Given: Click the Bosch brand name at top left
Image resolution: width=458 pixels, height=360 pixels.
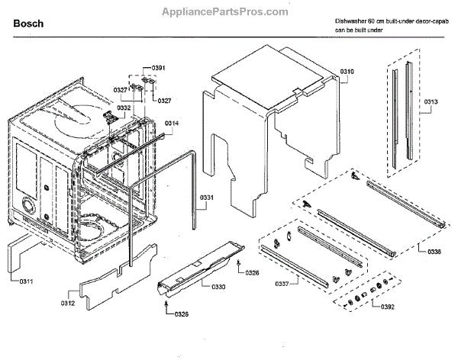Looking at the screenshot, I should (28, 24).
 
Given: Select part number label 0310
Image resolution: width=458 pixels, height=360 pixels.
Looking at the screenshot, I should (347, 71).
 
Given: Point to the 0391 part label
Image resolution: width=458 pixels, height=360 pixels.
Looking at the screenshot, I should (158, 69).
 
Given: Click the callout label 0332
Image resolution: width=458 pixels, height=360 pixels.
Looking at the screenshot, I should (123, 108).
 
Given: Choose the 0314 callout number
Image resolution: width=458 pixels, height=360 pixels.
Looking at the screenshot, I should (172, 124).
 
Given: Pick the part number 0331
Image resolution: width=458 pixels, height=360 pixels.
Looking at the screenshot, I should (207, 200).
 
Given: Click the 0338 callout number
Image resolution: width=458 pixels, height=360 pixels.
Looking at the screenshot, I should (434, 251).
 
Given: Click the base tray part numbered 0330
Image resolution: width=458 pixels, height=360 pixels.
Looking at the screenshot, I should (195, 271).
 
